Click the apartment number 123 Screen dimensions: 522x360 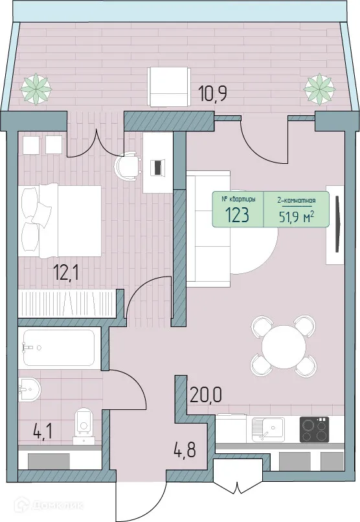click(238, 216)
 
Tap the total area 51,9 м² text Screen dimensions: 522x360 click(295, 216)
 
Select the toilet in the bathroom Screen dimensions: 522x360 click(84, 423)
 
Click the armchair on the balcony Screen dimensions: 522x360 click(168, 86)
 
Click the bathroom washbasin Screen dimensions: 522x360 click(30, 390)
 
